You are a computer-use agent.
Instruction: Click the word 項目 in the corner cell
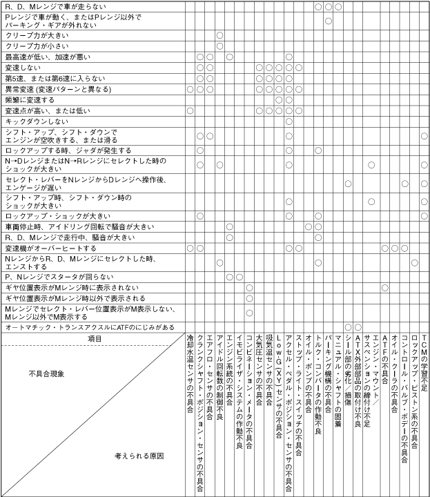tap(94, 338)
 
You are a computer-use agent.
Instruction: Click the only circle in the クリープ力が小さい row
tap(219, 46)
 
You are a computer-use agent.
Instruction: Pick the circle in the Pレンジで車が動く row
tap(329, 21)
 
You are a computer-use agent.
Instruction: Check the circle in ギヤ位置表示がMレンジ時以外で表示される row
tap(249, 298)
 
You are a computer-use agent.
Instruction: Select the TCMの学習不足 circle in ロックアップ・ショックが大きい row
tap(424, 216)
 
